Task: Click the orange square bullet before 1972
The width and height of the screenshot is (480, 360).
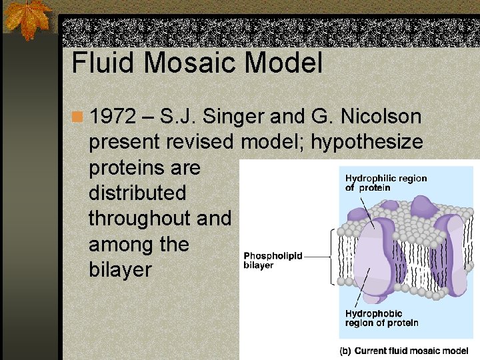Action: [x=78, y=118]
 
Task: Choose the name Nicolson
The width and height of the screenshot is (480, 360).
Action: [x=381, y=117]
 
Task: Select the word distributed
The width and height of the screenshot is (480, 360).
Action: [x=137, y=193]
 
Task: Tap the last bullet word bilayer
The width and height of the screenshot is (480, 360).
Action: [x=120, y=270]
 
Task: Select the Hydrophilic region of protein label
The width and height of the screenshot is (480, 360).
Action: [x=386, y=183]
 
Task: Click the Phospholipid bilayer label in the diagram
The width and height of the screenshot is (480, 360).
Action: [x=273, y=259]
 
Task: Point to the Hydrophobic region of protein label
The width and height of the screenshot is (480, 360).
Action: [x=382, y=318]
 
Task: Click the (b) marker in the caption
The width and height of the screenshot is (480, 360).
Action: [x=346, y=351]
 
